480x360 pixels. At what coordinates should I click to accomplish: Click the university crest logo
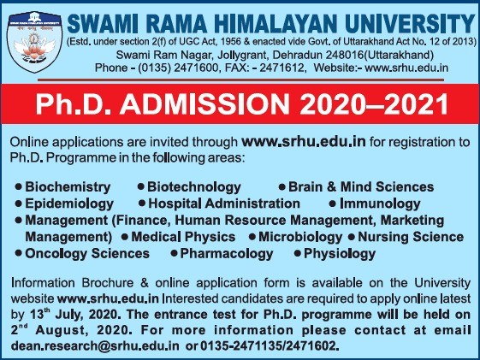[34, 42]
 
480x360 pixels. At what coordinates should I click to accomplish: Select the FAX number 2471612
[281, 68]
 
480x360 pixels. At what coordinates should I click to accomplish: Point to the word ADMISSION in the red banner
[204, 104]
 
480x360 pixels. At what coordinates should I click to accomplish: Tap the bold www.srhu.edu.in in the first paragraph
[304, 142]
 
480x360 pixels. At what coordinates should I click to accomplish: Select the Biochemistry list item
[68, 187]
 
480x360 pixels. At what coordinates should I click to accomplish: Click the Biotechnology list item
[193, 187]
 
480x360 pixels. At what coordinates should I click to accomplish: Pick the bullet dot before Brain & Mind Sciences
[282, 186]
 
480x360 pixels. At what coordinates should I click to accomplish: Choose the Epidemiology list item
[69, 204]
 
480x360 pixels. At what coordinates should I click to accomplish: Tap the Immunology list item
[380, 204]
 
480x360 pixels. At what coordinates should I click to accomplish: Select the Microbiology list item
[300, 237]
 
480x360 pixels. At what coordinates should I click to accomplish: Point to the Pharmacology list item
[227, 254]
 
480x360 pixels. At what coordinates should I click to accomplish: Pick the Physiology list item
[340, 254]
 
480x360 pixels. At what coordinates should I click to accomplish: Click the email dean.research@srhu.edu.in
[95, 345]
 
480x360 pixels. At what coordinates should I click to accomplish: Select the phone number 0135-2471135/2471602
[270, 345]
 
